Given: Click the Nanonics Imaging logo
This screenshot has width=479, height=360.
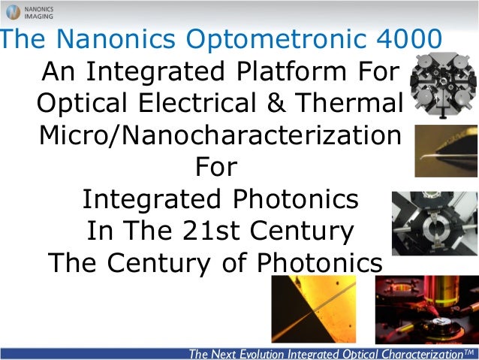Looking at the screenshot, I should tap(29, 12).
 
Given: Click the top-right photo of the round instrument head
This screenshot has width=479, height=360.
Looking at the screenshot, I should tap(444, 84).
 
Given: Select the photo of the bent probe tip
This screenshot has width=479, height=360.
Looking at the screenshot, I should tap(446, 150).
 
